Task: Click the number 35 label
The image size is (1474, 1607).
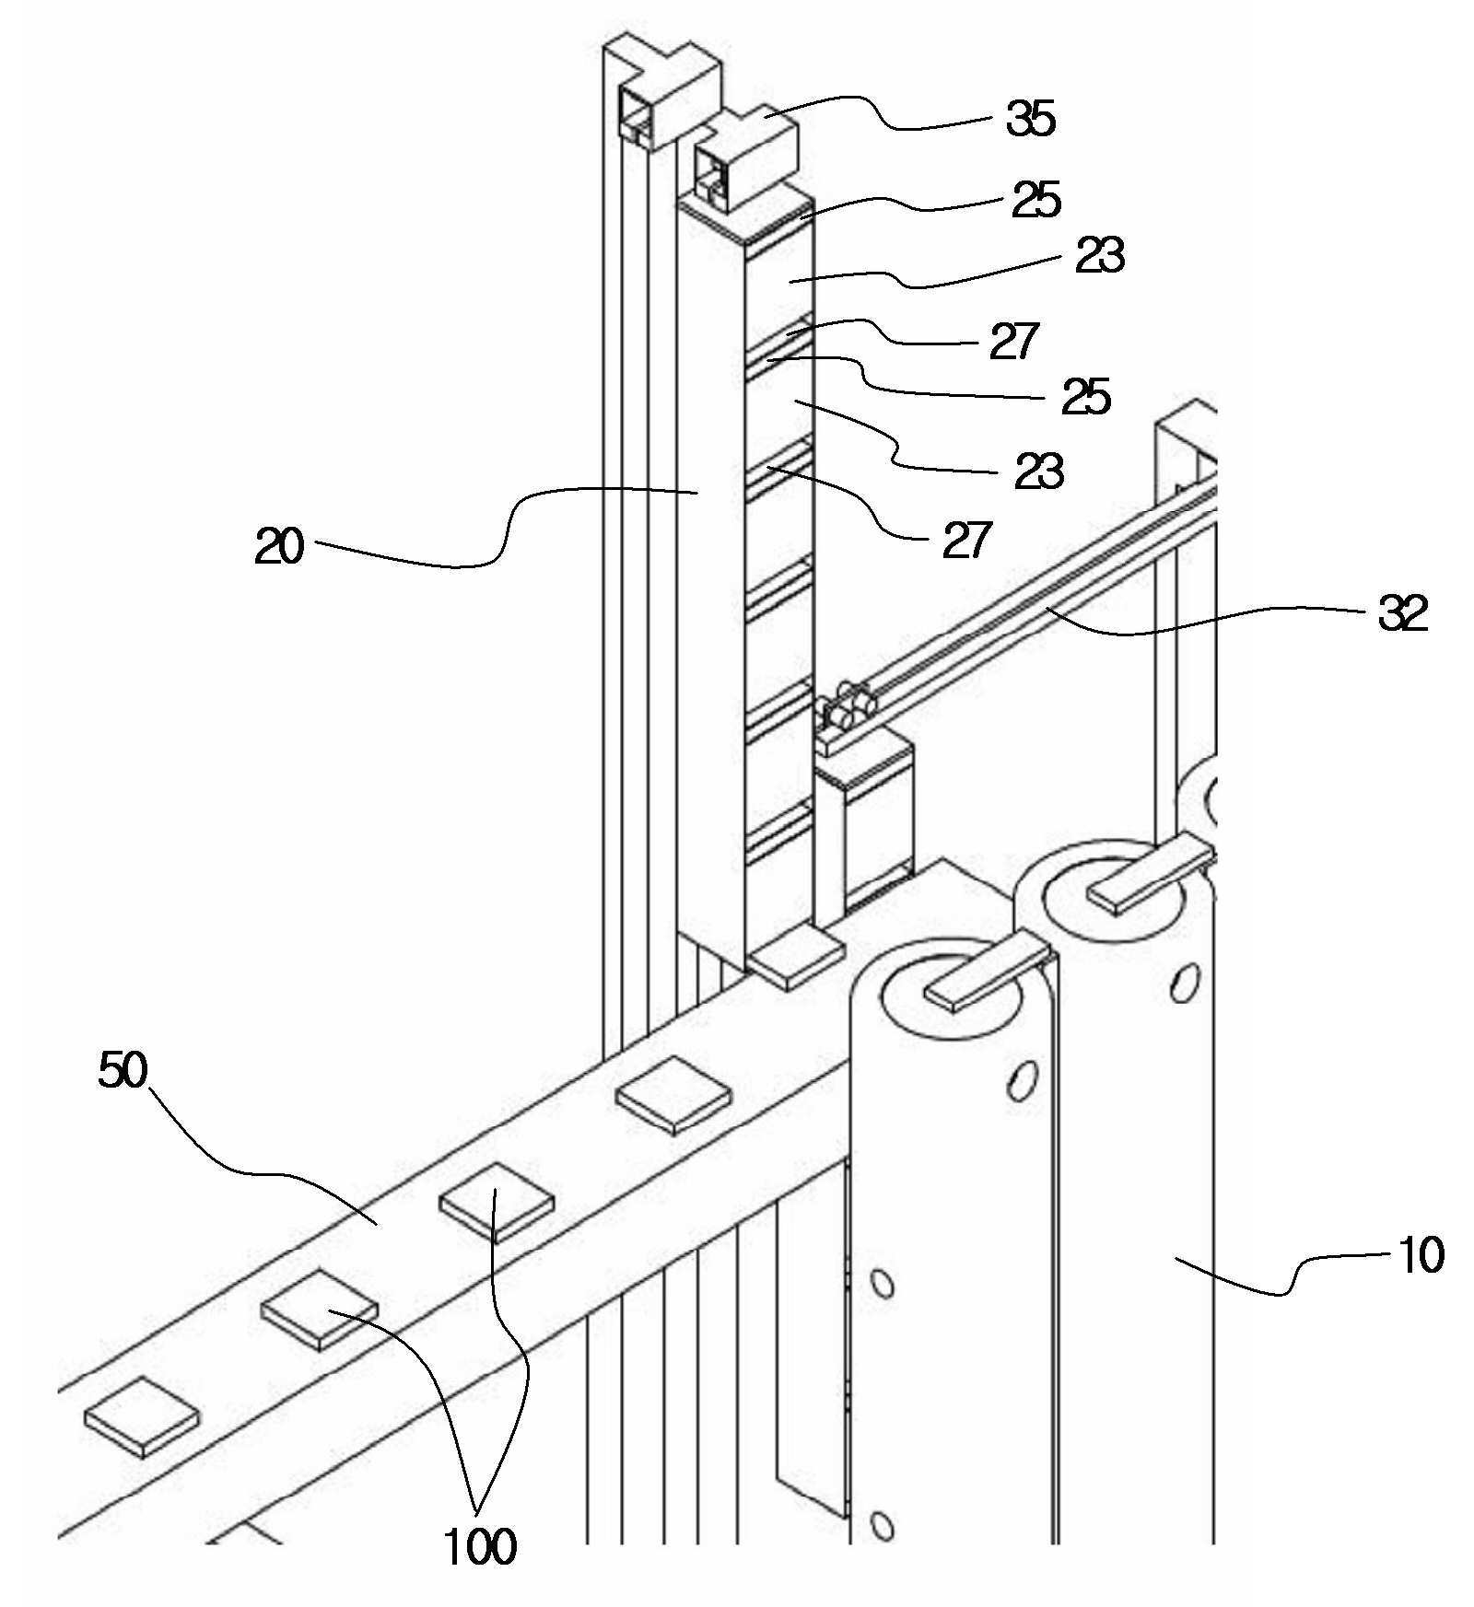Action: [1030, 119]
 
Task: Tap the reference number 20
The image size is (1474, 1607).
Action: [279, 546]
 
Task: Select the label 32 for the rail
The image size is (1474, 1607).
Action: [1402, 612]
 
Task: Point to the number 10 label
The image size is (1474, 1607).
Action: [1420, 1254]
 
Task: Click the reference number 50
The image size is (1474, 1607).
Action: [123, 1070]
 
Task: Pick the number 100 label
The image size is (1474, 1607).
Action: [480, 1546]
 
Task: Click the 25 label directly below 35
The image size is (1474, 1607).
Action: [1036, 199]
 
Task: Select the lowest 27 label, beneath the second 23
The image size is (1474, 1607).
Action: [966, 539]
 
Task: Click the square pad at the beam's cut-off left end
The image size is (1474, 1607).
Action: [142, 1417]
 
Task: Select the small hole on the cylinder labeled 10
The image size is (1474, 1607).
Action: [1186, 983]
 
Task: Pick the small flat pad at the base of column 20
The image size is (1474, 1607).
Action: [796, 958]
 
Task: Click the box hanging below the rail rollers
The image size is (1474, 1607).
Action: [863, 816]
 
